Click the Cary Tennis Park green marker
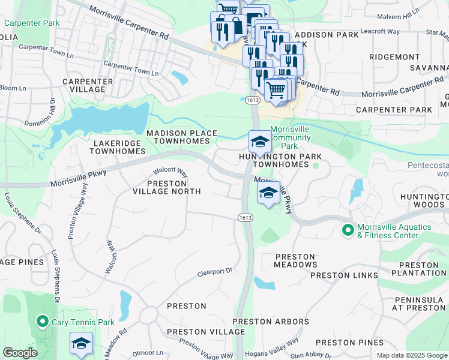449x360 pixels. coord(42,322)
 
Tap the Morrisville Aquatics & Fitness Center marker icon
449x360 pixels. coord(348,230)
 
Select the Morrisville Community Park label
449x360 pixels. coord(291,137)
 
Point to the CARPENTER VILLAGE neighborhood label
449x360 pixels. coord(88,85)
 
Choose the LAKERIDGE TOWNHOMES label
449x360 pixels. coord(116,148)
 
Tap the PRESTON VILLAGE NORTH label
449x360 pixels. coord(166,187)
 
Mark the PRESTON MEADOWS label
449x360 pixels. coord(296,260)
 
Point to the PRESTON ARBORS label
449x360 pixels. coord(271,322)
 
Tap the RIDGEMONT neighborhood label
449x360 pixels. coord(394,57)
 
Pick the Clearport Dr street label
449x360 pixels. coord(215,272)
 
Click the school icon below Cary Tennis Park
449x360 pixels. coord(81,343)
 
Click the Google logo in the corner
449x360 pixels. coord(20,353)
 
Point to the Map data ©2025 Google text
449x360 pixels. coord(411,355)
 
